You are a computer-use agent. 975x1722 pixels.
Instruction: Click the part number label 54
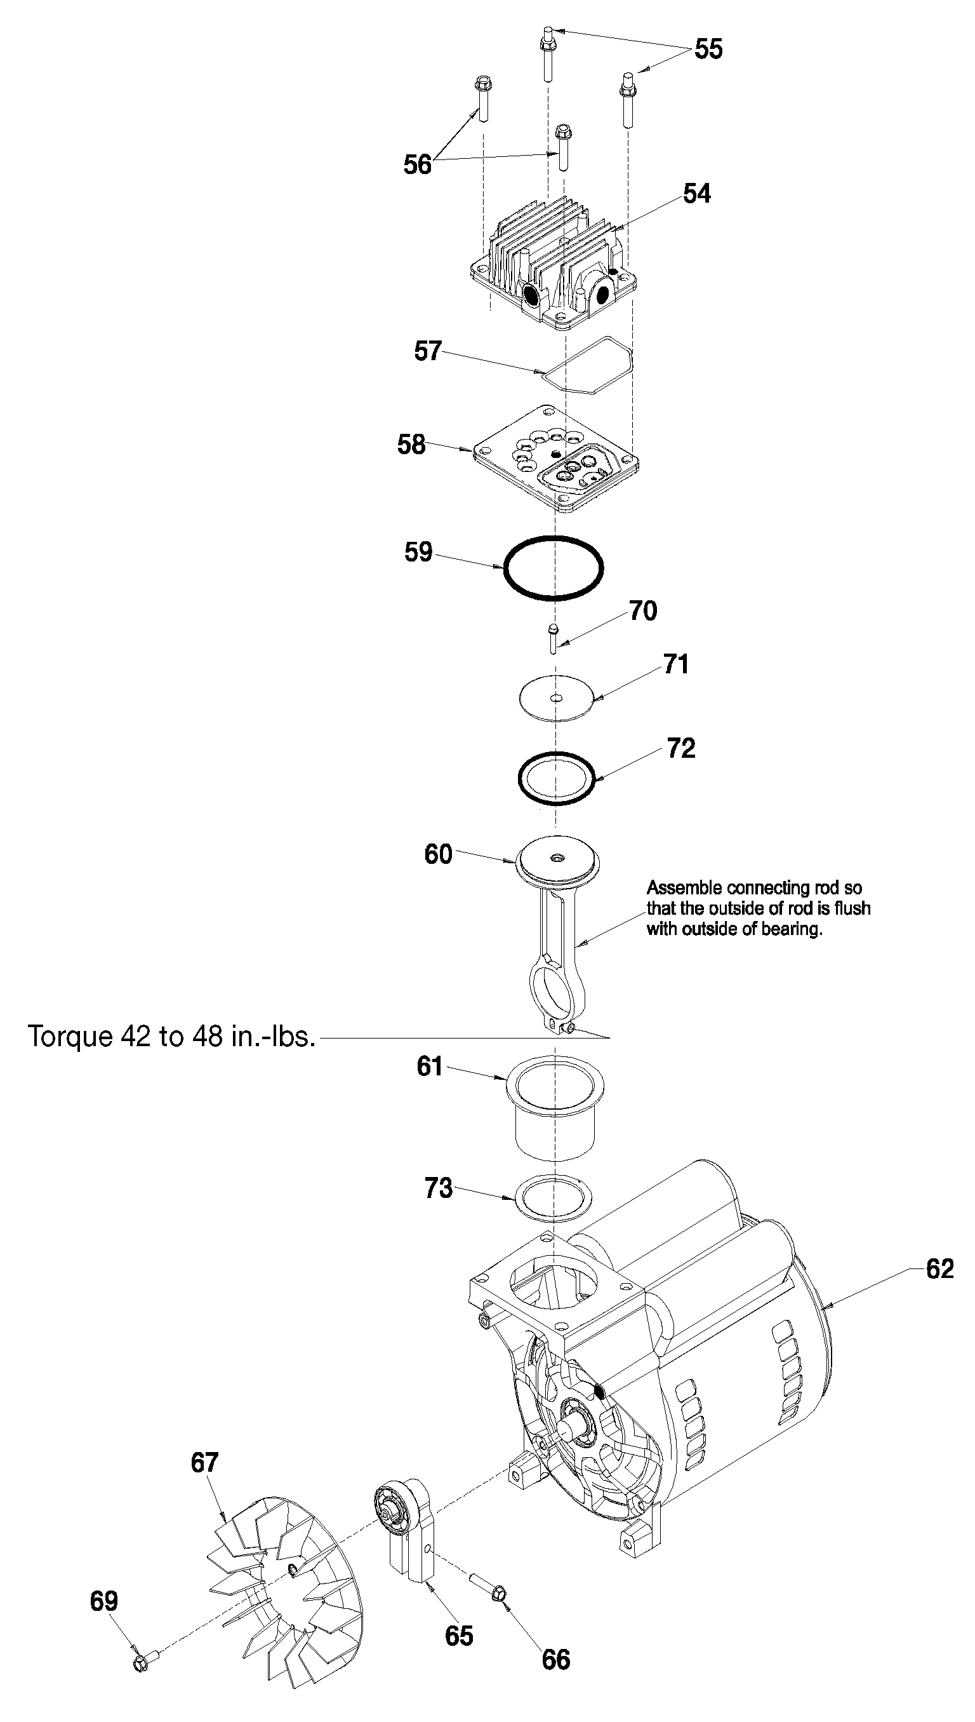coord(696,194)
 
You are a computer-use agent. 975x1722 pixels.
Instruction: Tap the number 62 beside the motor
coord(939,1269)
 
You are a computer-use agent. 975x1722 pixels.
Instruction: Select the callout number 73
coord(439,1188)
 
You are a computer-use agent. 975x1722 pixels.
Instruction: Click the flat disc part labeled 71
coord(557,698)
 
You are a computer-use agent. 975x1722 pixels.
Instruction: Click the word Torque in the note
coord(69,1037)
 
